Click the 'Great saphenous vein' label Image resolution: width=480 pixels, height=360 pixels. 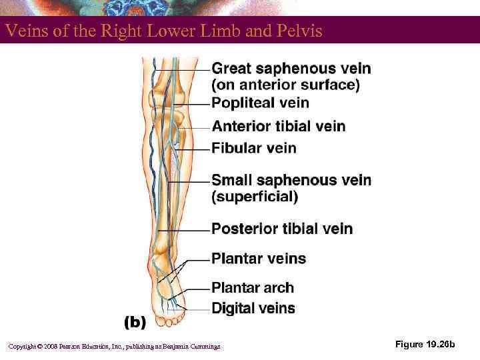point(291,68)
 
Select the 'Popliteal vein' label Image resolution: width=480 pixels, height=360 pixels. point(260,103)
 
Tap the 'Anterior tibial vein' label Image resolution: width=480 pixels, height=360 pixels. point(279,126)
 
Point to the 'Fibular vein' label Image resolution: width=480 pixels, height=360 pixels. point(254,148)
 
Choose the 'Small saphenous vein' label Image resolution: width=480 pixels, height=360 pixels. point(291,180)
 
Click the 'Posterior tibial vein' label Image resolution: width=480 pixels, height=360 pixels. point(282,229)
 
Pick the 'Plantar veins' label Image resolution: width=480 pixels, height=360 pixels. point(259,258)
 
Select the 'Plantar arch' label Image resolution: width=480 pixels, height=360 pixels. point(253,288)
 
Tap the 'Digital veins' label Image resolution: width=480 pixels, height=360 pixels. point(253,307)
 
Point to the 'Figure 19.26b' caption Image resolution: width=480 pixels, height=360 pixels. point(425,344)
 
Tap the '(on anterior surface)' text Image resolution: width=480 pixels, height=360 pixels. point(285,85)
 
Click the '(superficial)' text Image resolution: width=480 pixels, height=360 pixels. point(255,197)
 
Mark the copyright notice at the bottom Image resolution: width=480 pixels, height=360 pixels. point(113,346)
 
